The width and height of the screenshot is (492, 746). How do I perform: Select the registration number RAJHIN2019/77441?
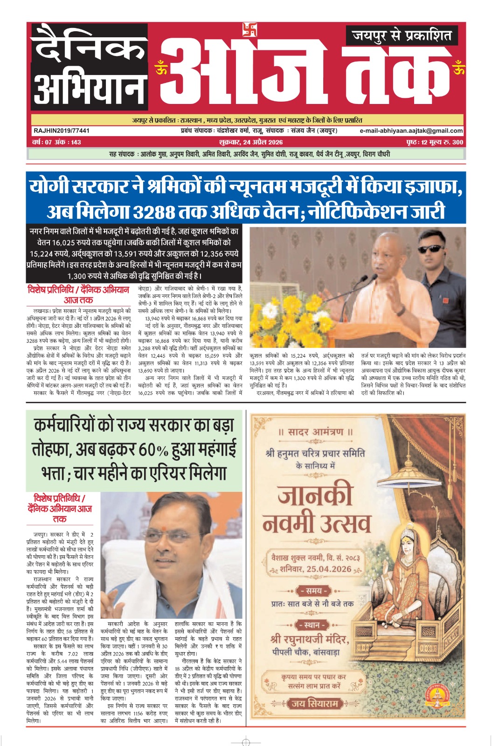pyautogui.click(x=61, y=131)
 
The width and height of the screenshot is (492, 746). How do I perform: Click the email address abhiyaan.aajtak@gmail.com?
pyautogui.click(x=411, y=131)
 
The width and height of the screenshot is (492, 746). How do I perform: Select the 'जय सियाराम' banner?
pyautogui.click(x=314, y=703)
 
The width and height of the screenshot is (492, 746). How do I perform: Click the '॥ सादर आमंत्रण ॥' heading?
pyautogui.click(x=316, y=432)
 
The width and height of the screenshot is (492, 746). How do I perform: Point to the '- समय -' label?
pyautogui.click(x=315, y=591)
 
